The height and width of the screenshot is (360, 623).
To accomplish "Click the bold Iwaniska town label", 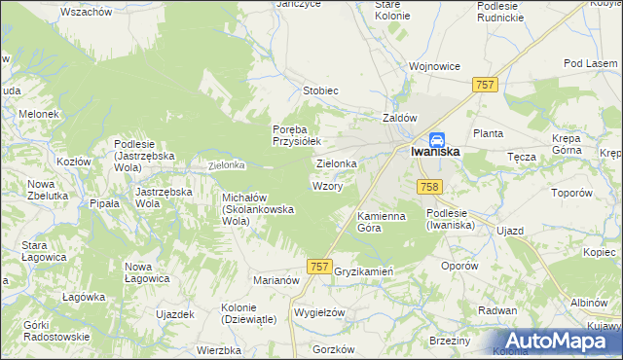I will coord(434,153).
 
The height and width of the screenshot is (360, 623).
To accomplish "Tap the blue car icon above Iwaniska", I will coord(438,139).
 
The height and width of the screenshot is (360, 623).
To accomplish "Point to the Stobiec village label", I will coord(320,90).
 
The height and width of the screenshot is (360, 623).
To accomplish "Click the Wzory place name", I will coord(326,185).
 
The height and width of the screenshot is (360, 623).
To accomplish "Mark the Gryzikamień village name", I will coord(362,271).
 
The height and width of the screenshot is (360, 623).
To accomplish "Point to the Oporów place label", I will coord(459,265).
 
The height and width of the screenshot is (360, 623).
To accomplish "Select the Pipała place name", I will coord(104,203).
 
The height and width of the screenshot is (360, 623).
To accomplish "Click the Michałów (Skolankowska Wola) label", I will coord(251,209).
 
